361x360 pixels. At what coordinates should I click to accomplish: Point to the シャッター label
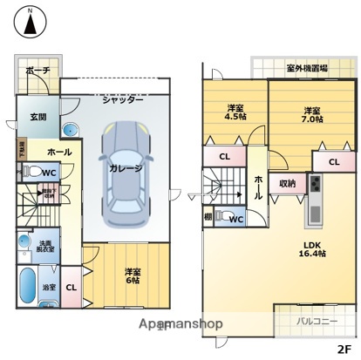pos(122,100)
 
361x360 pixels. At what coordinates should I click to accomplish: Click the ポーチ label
pos(37,69)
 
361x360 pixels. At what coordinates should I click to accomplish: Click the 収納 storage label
pos(287,183)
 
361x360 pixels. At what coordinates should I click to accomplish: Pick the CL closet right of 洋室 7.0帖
pos(334,162)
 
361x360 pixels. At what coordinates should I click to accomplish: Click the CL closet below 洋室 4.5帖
pos(224,157)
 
